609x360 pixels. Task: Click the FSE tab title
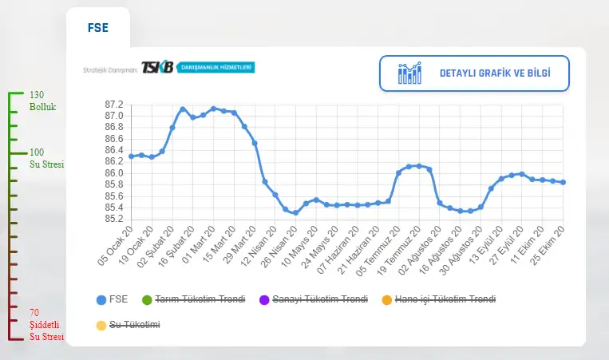[97, 27]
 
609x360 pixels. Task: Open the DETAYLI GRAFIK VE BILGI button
[474, 73]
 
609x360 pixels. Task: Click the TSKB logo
[156, 69]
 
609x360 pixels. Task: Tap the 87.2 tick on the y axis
[114, 105]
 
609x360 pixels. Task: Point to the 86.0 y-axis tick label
[114, 173]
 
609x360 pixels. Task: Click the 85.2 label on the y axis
[114, 219]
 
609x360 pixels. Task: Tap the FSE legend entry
[112, 300]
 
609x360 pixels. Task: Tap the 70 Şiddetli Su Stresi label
[45, 324]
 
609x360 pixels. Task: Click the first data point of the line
[131, 156]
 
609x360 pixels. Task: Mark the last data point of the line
[563, 182]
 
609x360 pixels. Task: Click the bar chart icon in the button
[409, 73]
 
